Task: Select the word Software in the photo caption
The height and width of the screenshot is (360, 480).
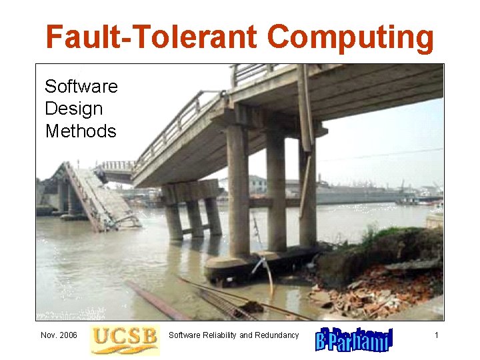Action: [81, 87]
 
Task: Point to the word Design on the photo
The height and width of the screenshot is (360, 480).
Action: [73, 109]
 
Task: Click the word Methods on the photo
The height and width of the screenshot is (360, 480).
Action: [81, 131]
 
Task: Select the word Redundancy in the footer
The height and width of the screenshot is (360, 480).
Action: [277, 335]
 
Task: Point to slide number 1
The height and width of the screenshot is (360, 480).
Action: [436, 335]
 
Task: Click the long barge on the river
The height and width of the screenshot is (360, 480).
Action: [360, 196]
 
